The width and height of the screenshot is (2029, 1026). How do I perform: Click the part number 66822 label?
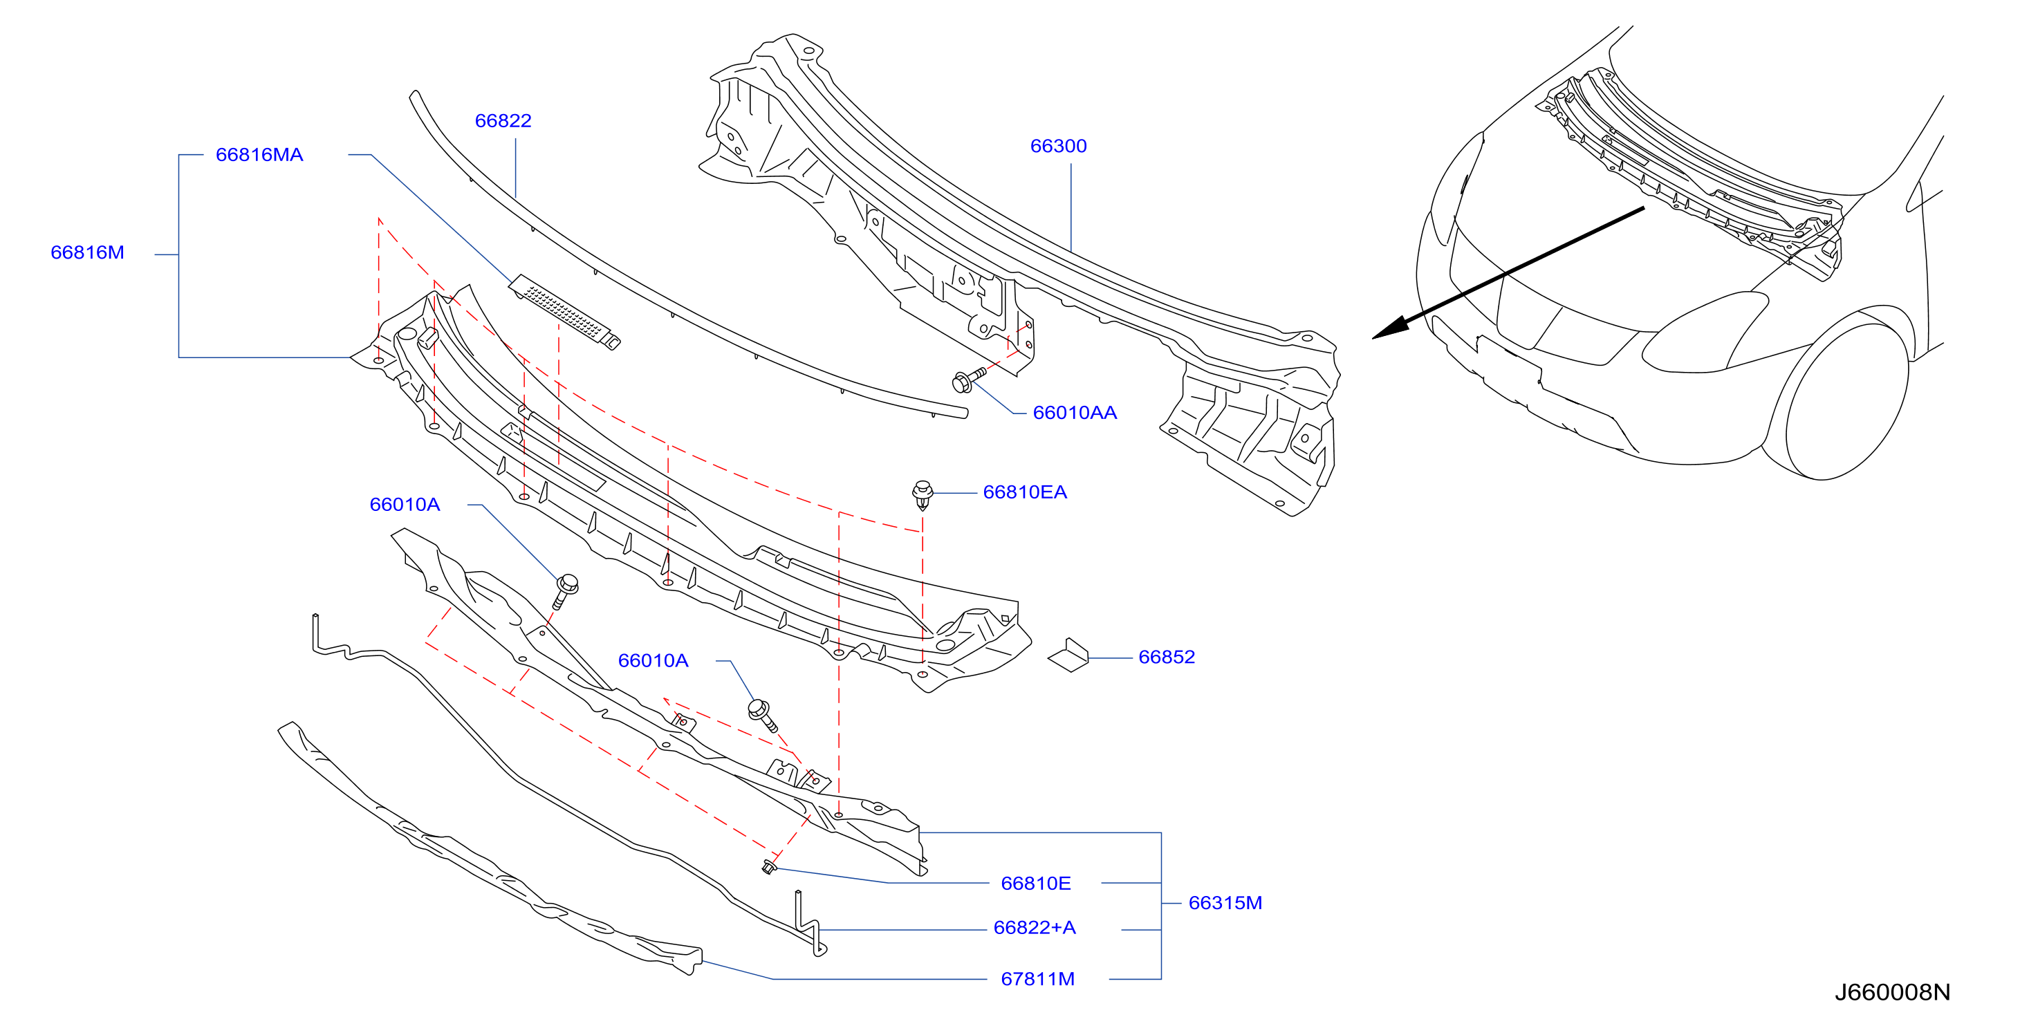tap(503, 121)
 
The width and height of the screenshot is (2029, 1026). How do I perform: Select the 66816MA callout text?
tap(259, 155)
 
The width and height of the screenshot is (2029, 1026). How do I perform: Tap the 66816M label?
tap(87, 253)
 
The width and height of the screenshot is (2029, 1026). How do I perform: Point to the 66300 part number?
tap(1058, 147)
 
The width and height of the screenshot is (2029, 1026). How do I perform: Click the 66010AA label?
tap(1075, 413)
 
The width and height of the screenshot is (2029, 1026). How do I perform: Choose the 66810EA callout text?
tap(1025, 492)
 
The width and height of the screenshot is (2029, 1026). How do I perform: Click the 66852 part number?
tap(1167, 657)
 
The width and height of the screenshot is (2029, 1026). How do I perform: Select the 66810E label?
tap(1035, 884)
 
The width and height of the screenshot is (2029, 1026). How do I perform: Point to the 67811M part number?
tap(1037, 979)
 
